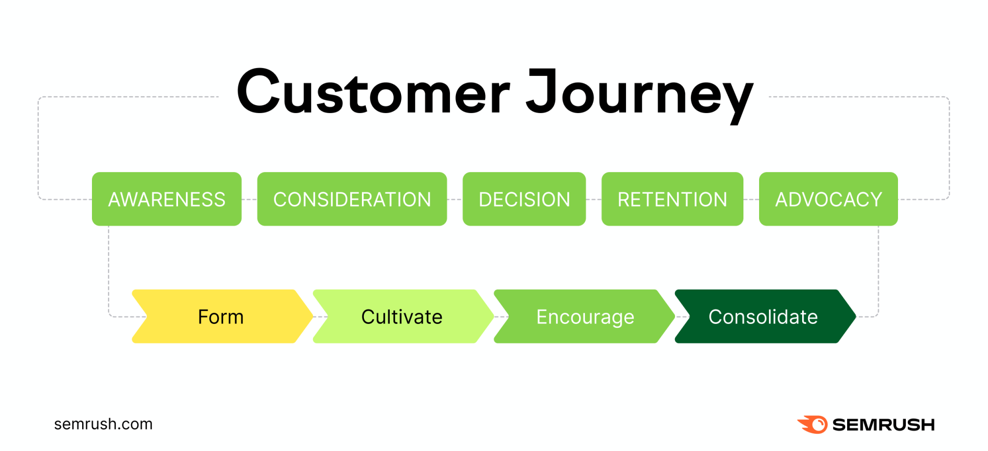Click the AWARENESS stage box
tap(167, 199)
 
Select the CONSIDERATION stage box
tap(352, 199)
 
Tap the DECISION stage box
tap(524, 199)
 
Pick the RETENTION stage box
tap(673, 199)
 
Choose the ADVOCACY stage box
tap(829, 199)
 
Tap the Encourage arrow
tap(584, 316)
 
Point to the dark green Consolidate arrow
tap(765, 316)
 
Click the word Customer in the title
tap(374, 91)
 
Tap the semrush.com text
tap(103, 424)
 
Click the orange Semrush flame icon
tap(812, 425)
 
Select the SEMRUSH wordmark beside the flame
tap(883, 425)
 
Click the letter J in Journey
tap(542, 90)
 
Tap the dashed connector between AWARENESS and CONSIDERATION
tap(249, 200)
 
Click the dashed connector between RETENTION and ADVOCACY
tap(751, 200)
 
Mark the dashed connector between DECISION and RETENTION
tap(594, 200)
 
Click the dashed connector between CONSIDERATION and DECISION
tap(455, 200)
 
